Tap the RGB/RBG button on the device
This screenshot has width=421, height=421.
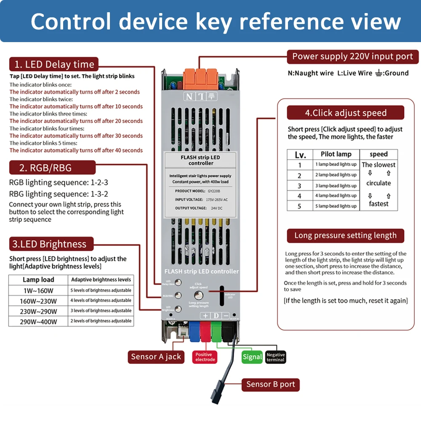[x=179, y=296]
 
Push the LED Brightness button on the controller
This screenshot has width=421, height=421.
[x=179, y=308]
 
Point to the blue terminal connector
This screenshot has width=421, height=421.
[x=195, y=330]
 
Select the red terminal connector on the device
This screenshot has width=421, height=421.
[x=206, y=330]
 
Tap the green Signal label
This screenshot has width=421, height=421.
[x=252, y=357]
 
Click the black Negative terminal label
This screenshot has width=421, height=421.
[x=276, y=357]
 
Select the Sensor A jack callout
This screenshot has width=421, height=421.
[x=156, y=357]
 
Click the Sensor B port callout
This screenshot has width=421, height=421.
[x=271, y=384]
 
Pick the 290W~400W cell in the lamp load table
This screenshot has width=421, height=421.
[x=38, y=321]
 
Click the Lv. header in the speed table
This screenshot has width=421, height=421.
[x=300, y=154]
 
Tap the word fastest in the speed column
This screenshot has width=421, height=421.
[x=378, y=204]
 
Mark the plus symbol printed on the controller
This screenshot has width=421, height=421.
[x=205, y=316]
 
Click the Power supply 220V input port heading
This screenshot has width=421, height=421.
[x=353, y=56]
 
